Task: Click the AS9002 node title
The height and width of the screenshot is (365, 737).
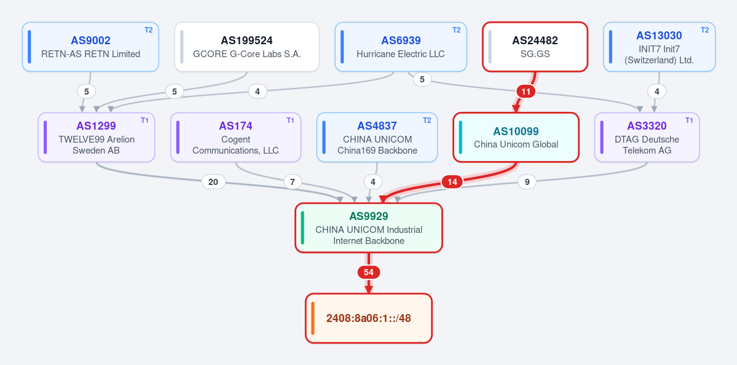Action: point(91,41)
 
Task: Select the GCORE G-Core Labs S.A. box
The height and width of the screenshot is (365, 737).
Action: point(246,47)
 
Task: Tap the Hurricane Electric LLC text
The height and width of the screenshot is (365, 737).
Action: point(400,54)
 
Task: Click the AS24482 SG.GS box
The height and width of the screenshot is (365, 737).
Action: point(535,47)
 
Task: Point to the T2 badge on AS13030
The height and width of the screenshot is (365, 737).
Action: point(704,30)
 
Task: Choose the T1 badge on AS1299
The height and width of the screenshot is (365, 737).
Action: point(145,120)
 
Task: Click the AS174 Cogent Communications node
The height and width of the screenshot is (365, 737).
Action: point(235,137)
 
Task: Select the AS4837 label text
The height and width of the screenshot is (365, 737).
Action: point(377,126)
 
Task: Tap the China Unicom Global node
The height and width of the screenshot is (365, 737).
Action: point(516,137)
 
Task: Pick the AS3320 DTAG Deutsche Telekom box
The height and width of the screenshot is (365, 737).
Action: point(647,137)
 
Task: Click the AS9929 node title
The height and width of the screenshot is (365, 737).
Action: point(369,216)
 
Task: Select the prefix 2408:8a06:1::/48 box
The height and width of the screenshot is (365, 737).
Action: point(369,318)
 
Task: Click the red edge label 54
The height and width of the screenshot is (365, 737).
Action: point(369,272)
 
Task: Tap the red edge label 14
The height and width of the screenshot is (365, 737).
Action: point(452,182)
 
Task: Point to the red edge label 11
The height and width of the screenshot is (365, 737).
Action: point(526,92)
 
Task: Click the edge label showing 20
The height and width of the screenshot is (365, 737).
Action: point(213,182)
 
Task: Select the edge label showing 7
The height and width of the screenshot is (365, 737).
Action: point(293,182)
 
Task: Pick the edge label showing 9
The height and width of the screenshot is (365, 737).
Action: point(527,182)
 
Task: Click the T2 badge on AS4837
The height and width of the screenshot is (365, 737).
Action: point(427,120)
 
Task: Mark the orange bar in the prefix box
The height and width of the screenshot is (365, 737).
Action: point(313,318)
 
